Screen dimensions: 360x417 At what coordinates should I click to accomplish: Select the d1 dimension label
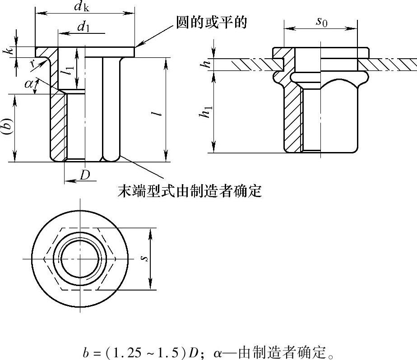(83, 27)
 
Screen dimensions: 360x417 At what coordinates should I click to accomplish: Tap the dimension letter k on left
(8, 51)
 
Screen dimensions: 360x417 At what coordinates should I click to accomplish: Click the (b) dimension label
(7, 128)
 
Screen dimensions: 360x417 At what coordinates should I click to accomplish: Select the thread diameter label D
(85, 175)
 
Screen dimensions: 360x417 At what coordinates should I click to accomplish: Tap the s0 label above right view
(321, 22)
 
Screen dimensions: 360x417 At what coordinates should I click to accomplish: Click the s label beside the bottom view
(144, 258)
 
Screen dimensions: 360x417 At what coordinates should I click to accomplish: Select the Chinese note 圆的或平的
(212, 23)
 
